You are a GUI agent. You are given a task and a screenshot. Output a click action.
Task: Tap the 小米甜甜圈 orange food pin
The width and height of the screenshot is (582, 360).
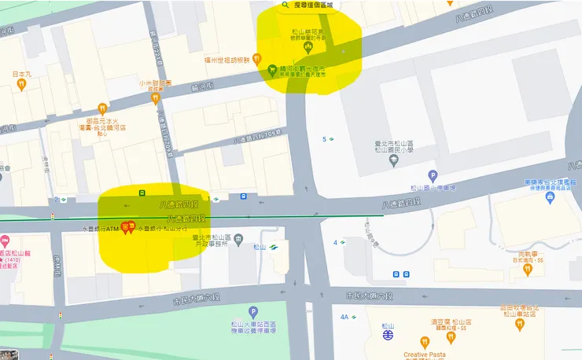(x=156, y=97)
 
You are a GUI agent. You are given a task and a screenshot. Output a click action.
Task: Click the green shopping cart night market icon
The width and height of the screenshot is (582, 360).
(x=272, y=68)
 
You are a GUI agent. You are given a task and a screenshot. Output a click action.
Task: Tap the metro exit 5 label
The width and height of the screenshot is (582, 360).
(x=324, y=140)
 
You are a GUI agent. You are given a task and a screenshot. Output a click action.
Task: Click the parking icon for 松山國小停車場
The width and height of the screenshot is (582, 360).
(x=432, y=175)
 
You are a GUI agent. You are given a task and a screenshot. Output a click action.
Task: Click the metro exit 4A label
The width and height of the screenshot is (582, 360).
(x=344, y=317)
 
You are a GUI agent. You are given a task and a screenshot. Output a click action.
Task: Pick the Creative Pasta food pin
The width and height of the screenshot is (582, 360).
(x=425, y=342)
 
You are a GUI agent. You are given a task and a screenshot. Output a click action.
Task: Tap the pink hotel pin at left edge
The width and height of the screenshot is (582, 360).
(x=5, y=239)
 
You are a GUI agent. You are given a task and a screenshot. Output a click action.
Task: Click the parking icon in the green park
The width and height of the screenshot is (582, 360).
(x=253, y=312)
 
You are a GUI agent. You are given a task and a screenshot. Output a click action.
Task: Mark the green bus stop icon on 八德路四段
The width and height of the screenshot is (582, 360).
(x=142, y=192)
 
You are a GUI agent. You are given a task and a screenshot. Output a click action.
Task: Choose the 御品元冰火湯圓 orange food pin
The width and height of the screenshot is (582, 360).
(x=101, y=108)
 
